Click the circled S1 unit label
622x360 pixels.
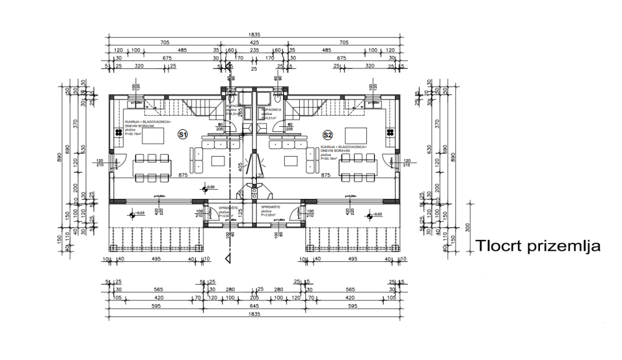[x=182, y=134]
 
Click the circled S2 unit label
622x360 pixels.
[x=328, y=134]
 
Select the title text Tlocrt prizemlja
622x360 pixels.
[x=537, y=245]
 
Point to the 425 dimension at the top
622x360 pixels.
[x=254, y=43]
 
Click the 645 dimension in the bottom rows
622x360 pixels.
[x=254, y=307]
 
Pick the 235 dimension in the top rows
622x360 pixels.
[x=254, y=50]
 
